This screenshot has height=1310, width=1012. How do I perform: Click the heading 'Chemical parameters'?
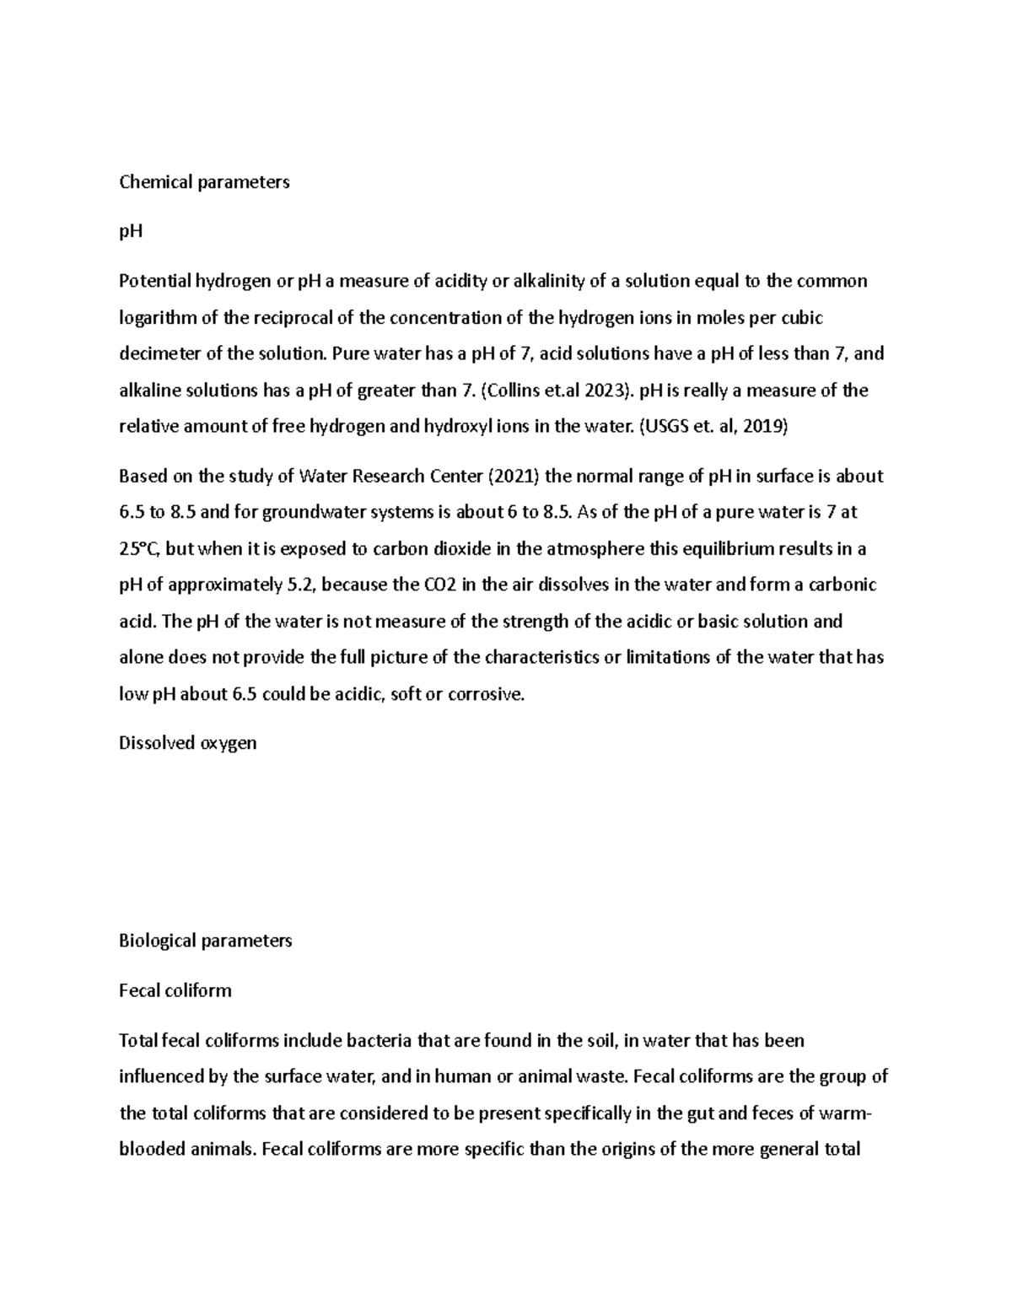coord(204,181)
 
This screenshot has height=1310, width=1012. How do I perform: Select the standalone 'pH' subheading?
coord(131,231)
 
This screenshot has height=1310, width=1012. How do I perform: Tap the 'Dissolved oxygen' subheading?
coord(187,742)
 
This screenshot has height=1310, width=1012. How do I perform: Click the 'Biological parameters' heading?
coord(206,940)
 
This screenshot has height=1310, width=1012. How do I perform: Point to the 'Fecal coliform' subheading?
coord(175,989)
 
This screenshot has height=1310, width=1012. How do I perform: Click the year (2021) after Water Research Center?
coord(515,476)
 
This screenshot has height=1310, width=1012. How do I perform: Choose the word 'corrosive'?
coord(485,694)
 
